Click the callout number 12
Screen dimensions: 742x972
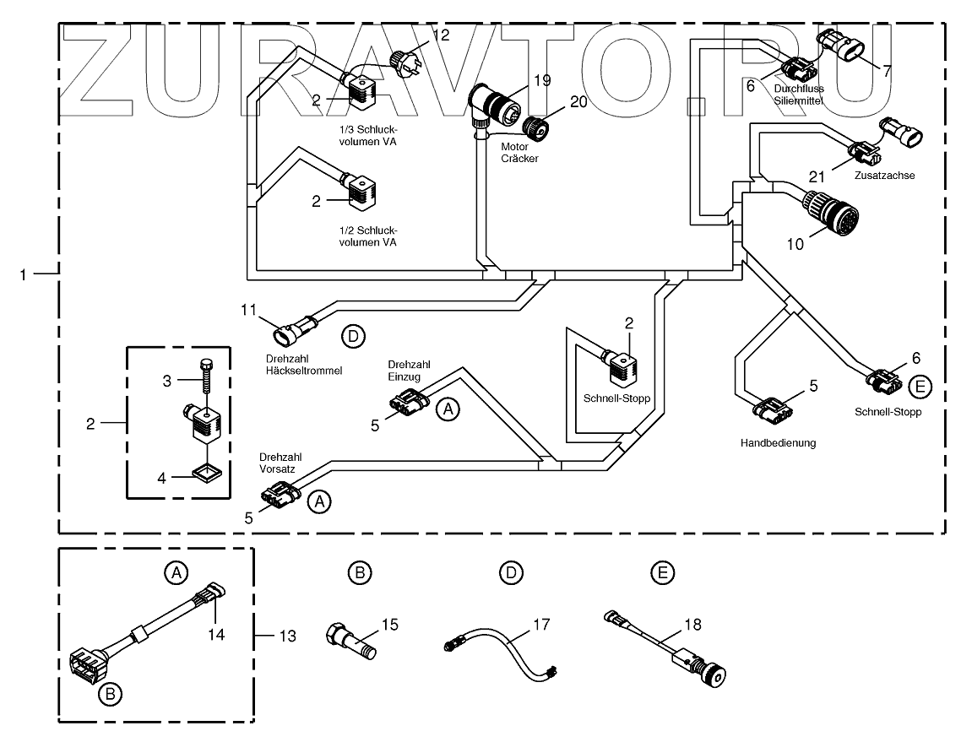(442, 35)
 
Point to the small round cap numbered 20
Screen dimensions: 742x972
(535, 127)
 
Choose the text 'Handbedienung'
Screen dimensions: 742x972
(778, 443)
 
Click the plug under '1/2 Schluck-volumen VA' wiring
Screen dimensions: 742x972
(363, 195)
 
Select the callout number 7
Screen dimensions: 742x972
(886, 71)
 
